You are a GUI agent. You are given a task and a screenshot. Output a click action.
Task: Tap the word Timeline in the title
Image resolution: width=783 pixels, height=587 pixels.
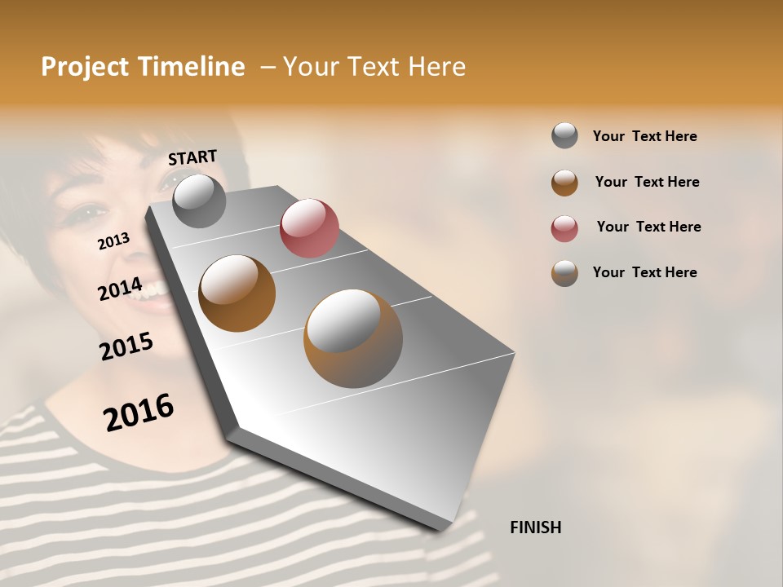pos(192,67)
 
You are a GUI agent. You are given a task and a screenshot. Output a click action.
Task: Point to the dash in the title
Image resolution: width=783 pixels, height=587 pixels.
pos(268,67)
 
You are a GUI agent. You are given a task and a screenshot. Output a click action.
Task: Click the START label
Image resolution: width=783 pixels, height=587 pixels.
pos(192,157)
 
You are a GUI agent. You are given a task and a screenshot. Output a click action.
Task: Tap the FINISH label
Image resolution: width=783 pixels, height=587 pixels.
pos(535,527)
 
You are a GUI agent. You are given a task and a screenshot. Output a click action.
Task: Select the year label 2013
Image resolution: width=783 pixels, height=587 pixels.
pos(113,241)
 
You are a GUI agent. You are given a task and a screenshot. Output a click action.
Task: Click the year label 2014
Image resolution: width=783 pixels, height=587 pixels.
pos(120,289)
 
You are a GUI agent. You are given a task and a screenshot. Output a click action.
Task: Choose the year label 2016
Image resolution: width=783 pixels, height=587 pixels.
pos(139,413)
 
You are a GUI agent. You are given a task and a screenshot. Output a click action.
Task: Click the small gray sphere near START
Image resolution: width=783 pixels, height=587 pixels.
pos(199,201)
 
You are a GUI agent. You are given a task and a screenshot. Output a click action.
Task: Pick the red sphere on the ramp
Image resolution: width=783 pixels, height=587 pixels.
pos(309,227)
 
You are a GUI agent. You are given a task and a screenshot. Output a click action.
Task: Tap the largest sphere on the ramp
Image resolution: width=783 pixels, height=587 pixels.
pos(352,338)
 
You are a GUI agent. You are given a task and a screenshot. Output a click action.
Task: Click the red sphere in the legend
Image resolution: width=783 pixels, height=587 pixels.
pos(564,228)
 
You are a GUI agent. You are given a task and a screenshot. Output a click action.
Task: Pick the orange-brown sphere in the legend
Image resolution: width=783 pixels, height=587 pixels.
pos(564,183)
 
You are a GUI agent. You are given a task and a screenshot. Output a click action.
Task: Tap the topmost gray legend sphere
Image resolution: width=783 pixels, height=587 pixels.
pos(564,135)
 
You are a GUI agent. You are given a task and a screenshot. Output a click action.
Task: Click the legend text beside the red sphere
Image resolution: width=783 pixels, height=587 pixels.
pos(648,227)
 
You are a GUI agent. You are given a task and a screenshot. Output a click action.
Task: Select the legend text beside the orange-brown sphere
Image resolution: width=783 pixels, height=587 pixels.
pos(647,182)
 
